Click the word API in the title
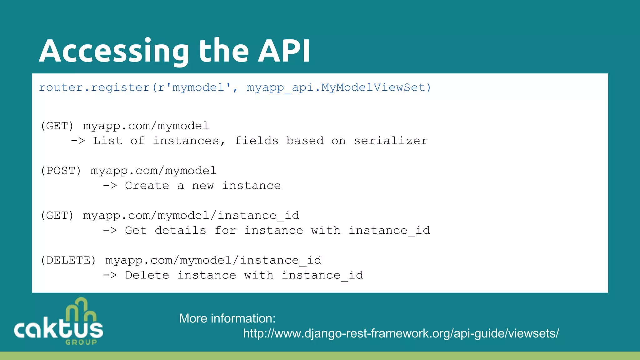pyautogui.click(x=284, y=51)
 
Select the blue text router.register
pyautogui.click(x=94, y=87)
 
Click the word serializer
pyautogui.click(x=391, y=141)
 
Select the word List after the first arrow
pyautogui.click(x=107, y=141)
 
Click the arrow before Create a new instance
pyautogui.click(x=110, y=186)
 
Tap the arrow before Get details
pyautogui.click(x=110, y=231)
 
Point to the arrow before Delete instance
pyautogui.click(x=110, y=275)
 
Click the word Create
pyautogui.click(x=147, y=186)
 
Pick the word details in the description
pyautogui.click(x=180, y=231)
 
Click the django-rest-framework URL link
pyautogui.click(x=401, y=333)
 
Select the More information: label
pyautogui.click(x=227, y=318)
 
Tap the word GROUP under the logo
pyautogui.click(x=81, y=342)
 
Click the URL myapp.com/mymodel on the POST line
pyautogui.click(x=153, y=171)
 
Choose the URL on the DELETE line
pyautogui.click(x=213, y=260)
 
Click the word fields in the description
pyautogui.click(x=257, y=141)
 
